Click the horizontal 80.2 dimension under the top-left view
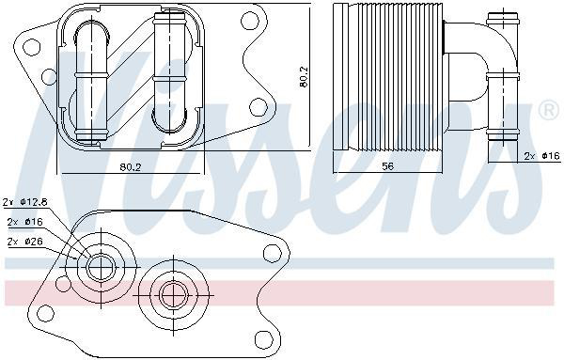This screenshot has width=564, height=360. tap(131, 167)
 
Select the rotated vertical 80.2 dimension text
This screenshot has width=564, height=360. tap(304, 76)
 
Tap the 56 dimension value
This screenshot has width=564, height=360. tap(387, 166)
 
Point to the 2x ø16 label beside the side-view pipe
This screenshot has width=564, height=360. tap(542, 156)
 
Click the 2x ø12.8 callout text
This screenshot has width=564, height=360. tap(25, 202)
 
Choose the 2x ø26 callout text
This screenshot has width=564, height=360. tap(25, 242)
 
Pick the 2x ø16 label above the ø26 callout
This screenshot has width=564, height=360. tap(25, 222)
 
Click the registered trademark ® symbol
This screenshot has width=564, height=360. tap(549, 111)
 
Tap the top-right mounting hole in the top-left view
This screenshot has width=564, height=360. tap(250, 21)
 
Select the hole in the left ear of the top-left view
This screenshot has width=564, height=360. tap(31, 47)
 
